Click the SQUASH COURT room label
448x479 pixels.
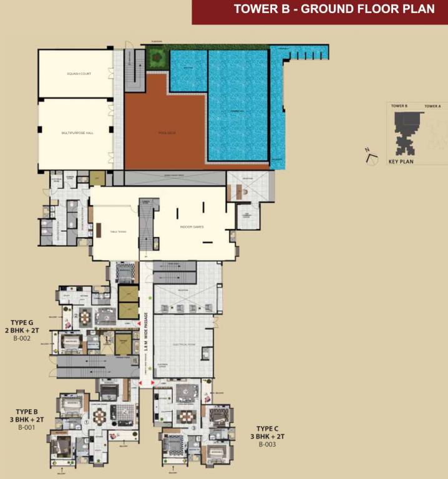point(79,74)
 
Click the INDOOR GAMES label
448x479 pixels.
point(192,226)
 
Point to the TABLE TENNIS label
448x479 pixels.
point(119,231)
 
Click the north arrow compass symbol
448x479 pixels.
point(371,154)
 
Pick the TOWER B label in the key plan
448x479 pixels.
point(399,107)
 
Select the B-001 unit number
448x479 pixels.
point(26,428)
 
